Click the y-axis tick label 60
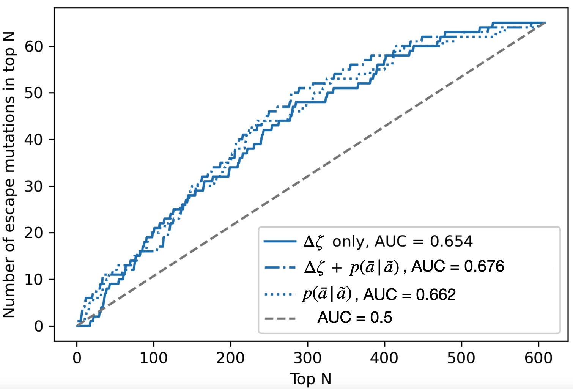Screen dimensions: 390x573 tap(34, 47)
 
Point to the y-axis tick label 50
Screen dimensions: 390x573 tap(34, 93)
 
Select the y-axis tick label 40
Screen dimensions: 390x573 tap(34, 140)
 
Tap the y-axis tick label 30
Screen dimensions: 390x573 tap(34, 187)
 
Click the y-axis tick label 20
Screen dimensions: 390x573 tap(34, 233)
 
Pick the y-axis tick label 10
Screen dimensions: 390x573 tap(34, 280)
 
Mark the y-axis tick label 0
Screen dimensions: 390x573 tap(39, 326)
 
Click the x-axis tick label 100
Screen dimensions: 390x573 tap(154, 358)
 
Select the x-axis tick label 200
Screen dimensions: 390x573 tap(230, 358)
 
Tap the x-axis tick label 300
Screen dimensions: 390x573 tap(307, 358)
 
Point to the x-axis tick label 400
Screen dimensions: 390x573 tap(384, 358)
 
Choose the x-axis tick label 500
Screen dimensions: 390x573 tap(461, 358)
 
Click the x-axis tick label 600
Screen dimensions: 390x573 tap(538, 358)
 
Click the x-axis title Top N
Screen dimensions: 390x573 tap(311, 379)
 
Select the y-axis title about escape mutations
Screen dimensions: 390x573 tap(9, 175)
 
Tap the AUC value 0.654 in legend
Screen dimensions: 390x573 tap(451, 242)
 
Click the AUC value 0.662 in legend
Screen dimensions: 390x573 tap(436, 295)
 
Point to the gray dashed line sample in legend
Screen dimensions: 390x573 tap(280, 318)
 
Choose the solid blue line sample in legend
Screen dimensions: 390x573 tap(280, 241)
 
